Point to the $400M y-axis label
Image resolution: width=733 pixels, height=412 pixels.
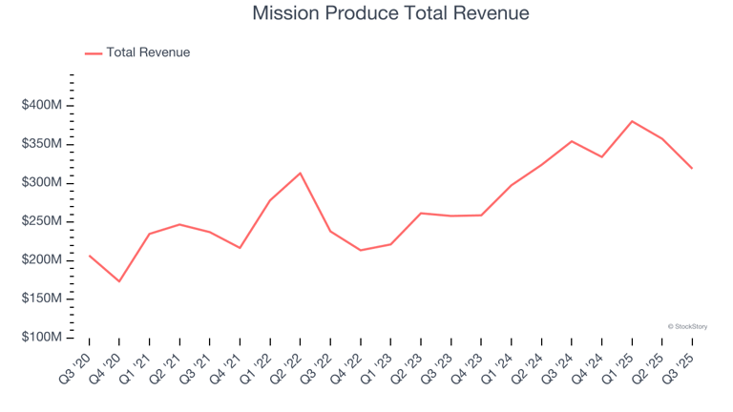(x=42, y=105)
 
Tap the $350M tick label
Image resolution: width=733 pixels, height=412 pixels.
(x=42, y=144)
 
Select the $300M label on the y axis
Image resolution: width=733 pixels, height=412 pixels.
(x=42, y=182)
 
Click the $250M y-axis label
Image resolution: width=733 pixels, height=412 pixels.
(x=42, y=221)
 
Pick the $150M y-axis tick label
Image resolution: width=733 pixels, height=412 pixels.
(x=42, y=299)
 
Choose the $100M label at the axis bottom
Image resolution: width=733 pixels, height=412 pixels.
(x=42, y=338)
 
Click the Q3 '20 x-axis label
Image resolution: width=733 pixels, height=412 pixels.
(x=76, y=365)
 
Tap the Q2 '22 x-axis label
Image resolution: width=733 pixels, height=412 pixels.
(x=287, y=365)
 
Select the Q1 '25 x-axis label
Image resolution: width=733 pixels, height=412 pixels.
(x=619, y=365)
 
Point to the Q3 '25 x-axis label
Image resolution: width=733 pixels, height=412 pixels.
(x=680, y=365)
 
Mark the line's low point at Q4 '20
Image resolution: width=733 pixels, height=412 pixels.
(x=119, y=281)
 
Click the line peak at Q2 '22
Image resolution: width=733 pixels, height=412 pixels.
(x=301, y=173)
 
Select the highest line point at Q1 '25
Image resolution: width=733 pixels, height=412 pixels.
(x=632, y=121)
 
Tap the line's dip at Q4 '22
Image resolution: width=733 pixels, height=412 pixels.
(x=361, y=250)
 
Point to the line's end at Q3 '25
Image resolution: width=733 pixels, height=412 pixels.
(x=692, y=169)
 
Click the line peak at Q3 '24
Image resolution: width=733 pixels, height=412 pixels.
(x=572, y=141)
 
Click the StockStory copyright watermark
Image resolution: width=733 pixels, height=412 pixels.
(x=687, y=326)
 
